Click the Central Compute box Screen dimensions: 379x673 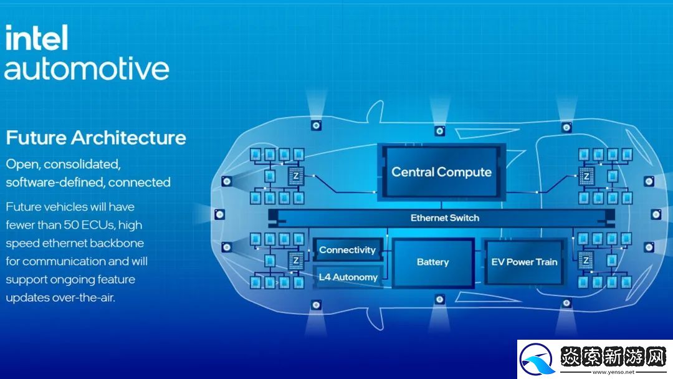[x=441, y=171]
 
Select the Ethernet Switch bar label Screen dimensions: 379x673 [x=445, y=218]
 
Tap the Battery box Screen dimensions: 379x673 [x=432, y=262]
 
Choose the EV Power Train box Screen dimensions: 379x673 [x=524, y=262]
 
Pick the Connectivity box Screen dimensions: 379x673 [x=347, y=250]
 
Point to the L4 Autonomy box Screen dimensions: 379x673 [x=347, y=277]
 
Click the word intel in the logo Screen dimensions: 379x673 [x=36, y=39]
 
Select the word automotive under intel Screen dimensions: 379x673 [x=87, y=68]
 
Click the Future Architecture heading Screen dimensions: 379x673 [x=96, y=137]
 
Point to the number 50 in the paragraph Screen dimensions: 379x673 [x=80, y=224]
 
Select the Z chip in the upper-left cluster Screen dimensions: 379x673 [x=297, y=176]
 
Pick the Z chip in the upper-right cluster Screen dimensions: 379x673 [x=586, y=176]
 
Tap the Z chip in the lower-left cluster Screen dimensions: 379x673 [x=297, y=259]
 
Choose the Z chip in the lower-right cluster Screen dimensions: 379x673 [x=586, y=259]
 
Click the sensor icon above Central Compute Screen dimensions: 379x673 [x=440, y=131]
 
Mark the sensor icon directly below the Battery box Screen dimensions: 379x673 [x=440, y=300]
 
